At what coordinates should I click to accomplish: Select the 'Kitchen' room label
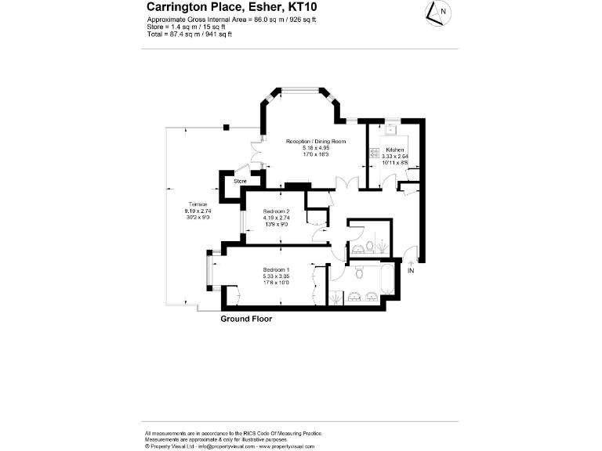click(x=395, y=149)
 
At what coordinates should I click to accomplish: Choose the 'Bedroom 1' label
click(x=276, y=270)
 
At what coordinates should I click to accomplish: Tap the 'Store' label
click(x=241, y=181)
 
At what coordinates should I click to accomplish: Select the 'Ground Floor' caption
click(x=246, y=319)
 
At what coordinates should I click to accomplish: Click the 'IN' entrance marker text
click(x=411, y=271)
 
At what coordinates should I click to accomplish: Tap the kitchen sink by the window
click(x=390, y=130)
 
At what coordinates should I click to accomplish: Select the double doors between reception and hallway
click(x=342, y=182)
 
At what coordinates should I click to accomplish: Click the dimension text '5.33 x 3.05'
click(x=276, y=276)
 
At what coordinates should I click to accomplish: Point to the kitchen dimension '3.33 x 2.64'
click(x=395, y=156)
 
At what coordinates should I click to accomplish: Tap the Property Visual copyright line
click(x=230, y=446)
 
